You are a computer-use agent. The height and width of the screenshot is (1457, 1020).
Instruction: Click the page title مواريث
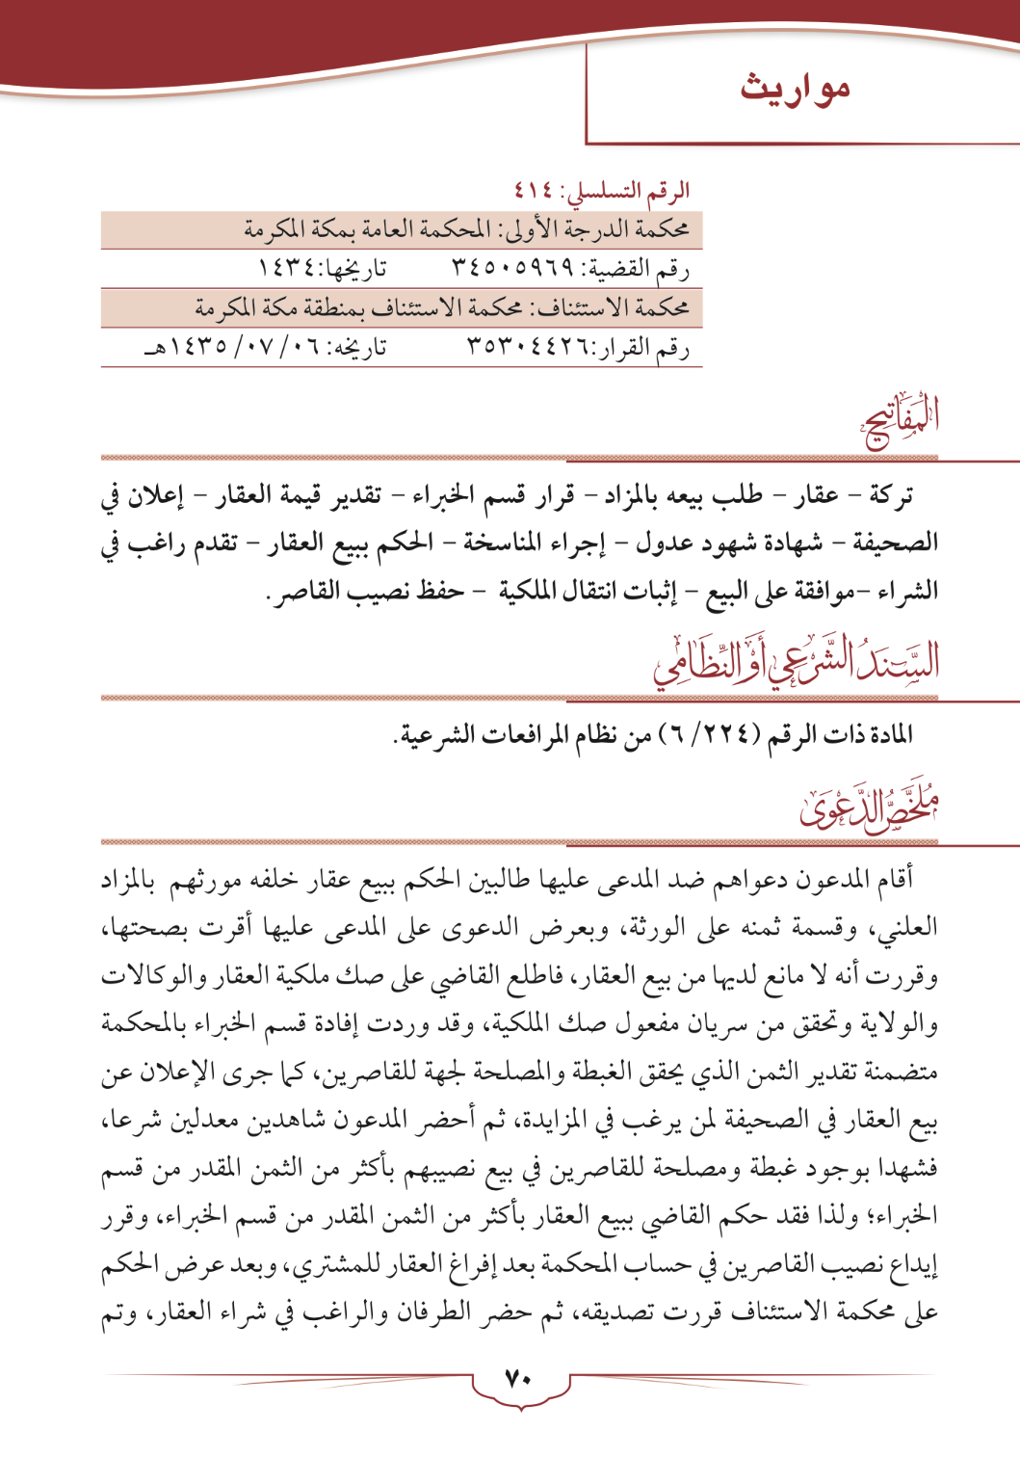(x=795, y=89)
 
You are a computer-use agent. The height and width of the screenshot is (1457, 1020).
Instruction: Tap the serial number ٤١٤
(x=533, y=190)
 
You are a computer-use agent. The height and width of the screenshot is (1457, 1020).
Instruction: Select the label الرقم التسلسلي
(x=641, y=190)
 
